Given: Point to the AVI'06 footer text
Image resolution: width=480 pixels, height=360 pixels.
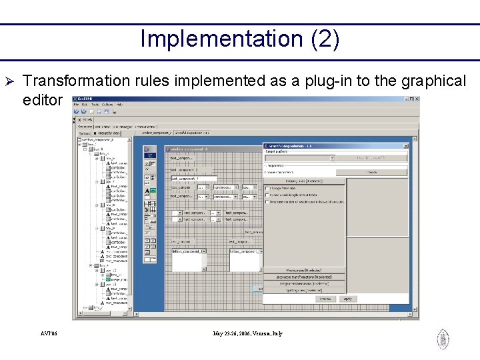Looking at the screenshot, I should pyautogui.click(x=49, y=333).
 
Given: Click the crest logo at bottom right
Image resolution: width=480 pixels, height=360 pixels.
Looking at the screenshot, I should pyautogui.click(x=443, y=339).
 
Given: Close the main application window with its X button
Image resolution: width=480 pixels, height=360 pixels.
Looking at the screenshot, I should pyautogui.click(x=416, y=99).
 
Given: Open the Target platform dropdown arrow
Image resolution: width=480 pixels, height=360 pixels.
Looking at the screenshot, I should pyautogui.click(x=332, y=158).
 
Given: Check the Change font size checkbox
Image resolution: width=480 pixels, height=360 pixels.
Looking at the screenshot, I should pyautogui.click(x=267, y=188).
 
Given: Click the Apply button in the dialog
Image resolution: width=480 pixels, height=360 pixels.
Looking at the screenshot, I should pyautogui.click(x=347, y=299).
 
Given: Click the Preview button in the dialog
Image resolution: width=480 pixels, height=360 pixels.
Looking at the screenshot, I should pyautogui.click(x=323, y=299).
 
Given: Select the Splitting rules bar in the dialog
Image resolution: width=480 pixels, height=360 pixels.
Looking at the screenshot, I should pyautogui.click(x=305, y=290).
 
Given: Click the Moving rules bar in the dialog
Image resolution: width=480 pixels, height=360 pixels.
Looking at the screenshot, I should pyautogui.click(x=305, y=269).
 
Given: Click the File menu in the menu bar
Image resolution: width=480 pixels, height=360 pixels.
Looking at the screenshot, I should pyautogui.click(x=77, y=105).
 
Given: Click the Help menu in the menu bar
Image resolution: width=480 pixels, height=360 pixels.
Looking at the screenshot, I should pyautogui.click(x=119, y=105).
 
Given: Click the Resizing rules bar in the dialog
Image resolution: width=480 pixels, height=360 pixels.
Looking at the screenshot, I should pyautogui.click(x=305, y=181).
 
